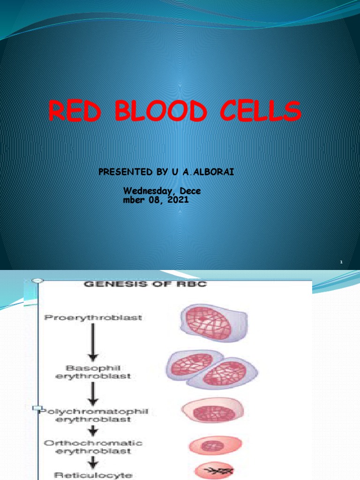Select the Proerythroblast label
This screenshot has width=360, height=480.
click(93, 318)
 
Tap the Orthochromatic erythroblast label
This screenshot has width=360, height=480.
click(94, 447)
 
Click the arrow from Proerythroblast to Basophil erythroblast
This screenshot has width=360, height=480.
click(93, 342)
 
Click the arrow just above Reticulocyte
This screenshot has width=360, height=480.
click(94, 462)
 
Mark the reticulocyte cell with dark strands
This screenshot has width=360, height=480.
click(215, 472)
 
